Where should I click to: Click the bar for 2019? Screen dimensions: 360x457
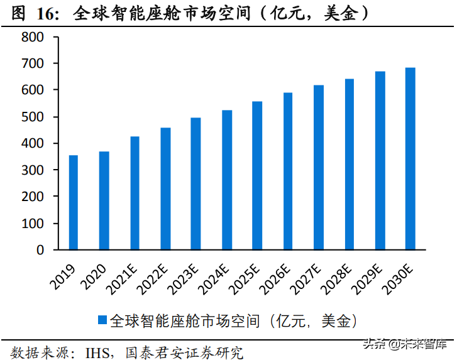tap(74, 202)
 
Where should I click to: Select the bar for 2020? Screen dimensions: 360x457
tap(104, 200)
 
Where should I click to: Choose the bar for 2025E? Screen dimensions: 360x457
tap(257, 175)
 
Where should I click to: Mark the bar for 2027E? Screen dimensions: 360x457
tap(319, 167)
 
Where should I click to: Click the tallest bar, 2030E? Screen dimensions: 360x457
tap(410, 158)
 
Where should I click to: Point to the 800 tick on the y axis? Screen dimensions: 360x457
tap(33, 38)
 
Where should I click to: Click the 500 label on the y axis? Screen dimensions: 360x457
tap(33, 117)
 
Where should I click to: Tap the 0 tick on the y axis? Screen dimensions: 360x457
tap(40, 250)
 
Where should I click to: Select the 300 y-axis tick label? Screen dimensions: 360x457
tap(33, 170)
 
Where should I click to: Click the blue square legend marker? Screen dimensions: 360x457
tap(102, 320)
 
